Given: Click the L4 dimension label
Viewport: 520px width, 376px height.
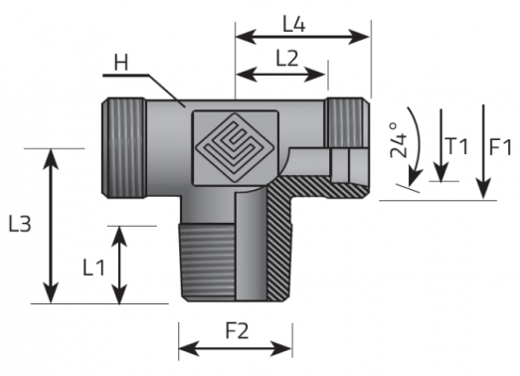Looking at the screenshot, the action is pos(294,25).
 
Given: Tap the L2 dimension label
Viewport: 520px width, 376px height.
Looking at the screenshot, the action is pos(287,59).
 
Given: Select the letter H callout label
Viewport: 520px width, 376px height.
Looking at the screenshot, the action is pos(121,63).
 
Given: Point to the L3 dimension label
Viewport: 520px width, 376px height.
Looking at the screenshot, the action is pos(20,224).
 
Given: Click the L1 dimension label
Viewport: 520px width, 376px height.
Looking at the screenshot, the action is pos(93,268).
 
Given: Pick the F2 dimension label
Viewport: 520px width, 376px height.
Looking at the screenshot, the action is pos(237,331).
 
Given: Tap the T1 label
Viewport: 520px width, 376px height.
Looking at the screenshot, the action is pos(457,146).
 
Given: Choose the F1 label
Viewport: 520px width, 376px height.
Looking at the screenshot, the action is pos(501,147).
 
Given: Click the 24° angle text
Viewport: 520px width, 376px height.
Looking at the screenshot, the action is pos(399,139).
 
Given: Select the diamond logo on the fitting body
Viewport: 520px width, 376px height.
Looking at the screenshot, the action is pos(235,147).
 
